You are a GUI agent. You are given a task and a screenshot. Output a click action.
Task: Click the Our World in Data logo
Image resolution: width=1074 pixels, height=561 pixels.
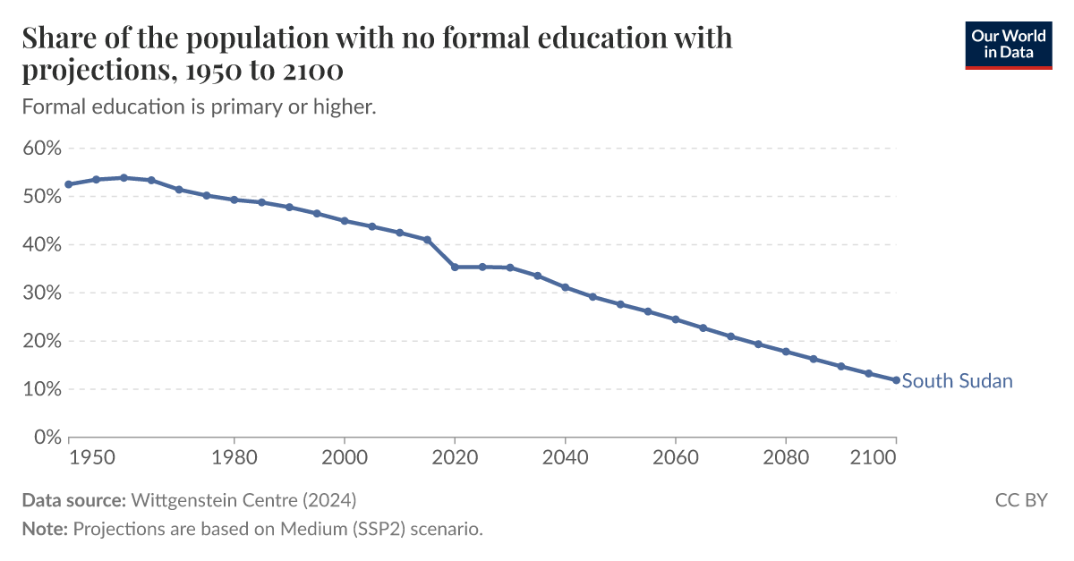[1008, 44]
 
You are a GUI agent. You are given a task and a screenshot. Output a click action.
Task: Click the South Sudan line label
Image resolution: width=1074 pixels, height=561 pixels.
[957, 381]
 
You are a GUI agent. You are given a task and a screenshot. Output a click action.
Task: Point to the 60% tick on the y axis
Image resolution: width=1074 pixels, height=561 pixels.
[42, 148]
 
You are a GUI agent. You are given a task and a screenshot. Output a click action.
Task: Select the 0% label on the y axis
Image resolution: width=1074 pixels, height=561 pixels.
[47, 438]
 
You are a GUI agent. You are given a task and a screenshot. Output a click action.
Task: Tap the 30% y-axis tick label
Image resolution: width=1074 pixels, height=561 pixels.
[42, 293]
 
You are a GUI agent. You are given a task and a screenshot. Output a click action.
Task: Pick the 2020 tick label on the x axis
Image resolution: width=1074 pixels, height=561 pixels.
[455, 458]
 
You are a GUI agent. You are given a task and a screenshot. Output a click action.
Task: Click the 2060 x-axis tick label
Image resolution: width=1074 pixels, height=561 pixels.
[676, 458]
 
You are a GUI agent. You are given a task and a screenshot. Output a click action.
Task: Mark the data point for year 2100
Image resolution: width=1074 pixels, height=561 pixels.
[896, 380]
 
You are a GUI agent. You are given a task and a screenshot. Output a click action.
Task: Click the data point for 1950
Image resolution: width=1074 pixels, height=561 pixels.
[68, 184]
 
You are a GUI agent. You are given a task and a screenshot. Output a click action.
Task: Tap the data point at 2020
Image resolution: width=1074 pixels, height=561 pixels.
[455, 267]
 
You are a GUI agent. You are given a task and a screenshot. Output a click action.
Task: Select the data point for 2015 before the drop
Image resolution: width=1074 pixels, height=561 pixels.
[427, 240]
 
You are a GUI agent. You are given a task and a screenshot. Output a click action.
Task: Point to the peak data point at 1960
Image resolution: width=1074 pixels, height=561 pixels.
[124, 177]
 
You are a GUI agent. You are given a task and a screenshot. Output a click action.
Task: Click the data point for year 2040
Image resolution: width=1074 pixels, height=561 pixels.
[565, 287]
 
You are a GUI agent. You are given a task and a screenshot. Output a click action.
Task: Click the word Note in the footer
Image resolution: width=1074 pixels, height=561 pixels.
[43, 529]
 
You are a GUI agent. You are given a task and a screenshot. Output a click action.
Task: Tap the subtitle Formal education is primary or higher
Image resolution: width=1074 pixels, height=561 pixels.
[198, 106]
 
